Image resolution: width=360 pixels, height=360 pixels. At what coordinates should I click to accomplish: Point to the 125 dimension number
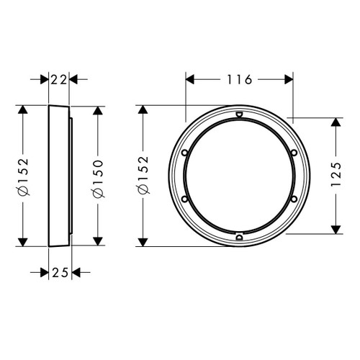pyautogui.click(x=336, y=175)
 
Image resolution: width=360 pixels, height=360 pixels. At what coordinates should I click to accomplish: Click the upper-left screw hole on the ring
pyautogui.click(x=185, y=153)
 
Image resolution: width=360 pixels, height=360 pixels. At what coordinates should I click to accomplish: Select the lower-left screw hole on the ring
pyautogui.click(x=185, y=199)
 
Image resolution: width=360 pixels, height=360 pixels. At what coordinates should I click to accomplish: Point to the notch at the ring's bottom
pyautogui.click(x=238, y=235)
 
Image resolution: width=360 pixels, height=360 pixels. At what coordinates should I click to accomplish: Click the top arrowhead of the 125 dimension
pyautogui.click(x=336, y=123)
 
